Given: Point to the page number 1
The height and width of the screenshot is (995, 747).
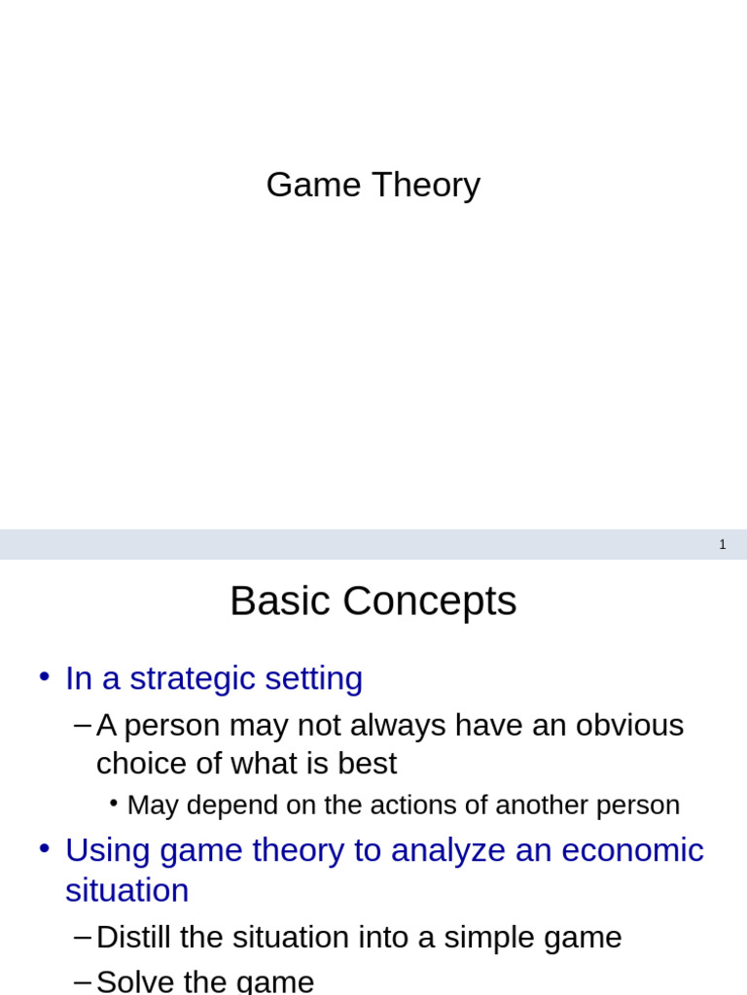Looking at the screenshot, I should pos(723,545).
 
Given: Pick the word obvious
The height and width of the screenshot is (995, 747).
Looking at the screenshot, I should pos(629,725).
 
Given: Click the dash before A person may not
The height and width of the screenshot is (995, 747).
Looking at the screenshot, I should pos(83,725).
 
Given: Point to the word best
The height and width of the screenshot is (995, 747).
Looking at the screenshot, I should pos(367,764).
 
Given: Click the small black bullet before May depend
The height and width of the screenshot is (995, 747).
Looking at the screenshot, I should pos(114,803).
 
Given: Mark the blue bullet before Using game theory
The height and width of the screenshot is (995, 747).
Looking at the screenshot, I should pos(44,847).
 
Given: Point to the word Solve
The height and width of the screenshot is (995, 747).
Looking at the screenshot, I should pos(136,981).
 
